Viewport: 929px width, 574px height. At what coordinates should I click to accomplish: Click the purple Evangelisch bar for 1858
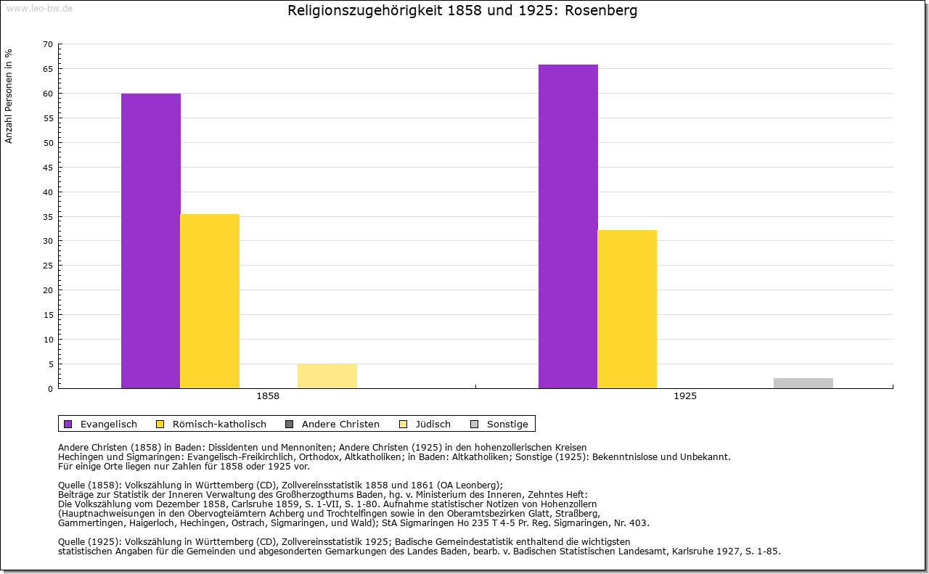pos(150,241)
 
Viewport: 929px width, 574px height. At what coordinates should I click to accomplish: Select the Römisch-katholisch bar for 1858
pos(210,301)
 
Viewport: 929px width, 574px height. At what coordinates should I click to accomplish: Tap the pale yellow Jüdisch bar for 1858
pos(327,376)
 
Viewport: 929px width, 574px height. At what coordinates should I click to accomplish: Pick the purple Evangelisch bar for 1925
pos(568,226)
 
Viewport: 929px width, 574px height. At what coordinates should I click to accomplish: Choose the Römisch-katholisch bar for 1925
pos(627,309)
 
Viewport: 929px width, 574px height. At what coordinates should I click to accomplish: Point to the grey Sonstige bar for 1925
pos(803,383)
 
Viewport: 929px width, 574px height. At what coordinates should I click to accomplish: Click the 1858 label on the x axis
pos(268,397)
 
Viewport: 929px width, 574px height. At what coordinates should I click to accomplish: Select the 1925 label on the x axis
pos(685,397)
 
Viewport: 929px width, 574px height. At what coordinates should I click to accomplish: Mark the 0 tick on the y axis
pos(50,389)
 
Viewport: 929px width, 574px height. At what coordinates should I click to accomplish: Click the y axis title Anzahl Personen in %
pos(9,96)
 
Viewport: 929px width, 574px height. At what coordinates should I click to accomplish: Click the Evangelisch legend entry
pos(108,424)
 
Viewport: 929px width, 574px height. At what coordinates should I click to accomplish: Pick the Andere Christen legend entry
pos(340,424)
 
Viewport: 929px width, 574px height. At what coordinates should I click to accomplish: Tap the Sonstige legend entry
pos(507,424)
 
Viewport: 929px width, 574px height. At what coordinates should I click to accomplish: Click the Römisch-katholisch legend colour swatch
pos(160,424)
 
